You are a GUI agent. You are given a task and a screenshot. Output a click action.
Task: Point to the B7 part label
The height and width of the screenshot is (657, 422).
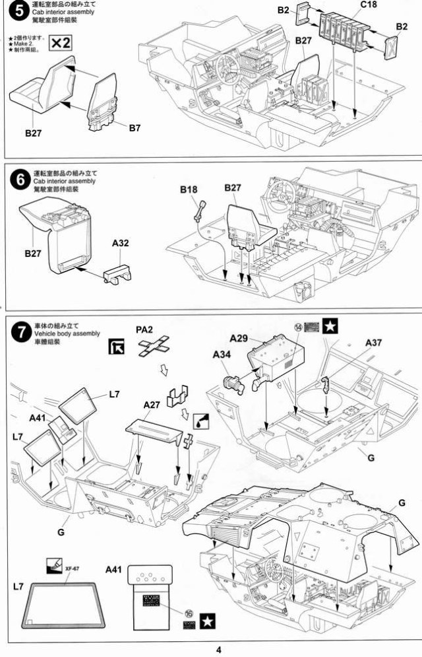pos(135,128)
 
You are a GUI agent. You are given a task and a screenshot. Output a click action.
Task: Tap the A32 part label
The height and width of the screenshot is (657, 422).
pos(121,243)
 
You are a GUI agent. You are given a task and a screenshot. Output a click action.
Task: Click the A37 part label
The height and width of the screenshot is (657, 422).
pos(373,343)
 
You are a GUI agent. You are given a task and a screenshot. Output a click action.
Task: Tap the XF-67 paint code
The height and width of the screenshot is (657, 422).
pos(73,569)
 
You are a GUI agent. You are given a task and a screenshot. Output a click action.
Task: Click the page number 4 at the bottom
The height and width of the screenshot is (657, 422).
pos(219,649)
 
